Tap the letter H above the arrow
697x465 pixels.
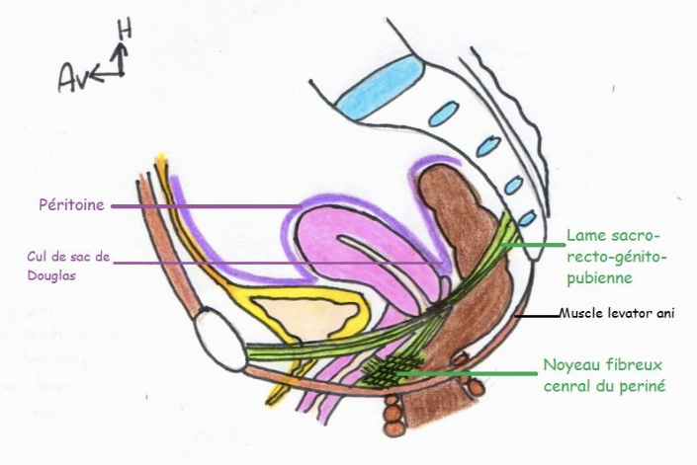[124, 31]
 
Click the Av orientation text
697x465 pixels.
[71, 75]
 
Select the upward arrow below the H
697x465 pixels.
[120, 61]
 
